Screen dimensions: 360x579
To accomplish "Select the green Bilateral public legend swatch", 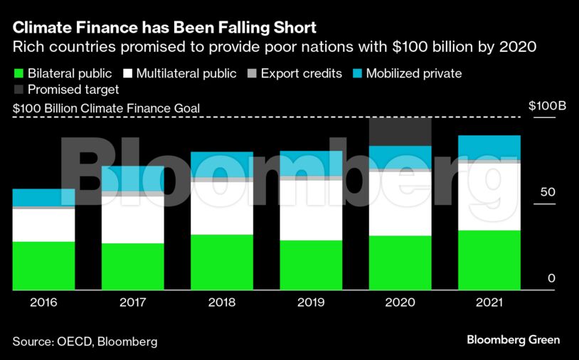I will tap(19, 73).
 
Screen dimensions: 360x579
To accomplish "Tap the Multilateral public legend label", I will tap(181, 73).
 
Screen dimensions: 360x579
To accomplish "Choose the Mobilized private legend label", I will tap(413, 73).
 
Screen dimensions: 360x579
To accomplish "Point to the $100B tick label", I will tap(547, 106).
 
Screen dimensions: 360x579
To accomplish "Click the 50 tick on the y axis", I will tap(546, 193).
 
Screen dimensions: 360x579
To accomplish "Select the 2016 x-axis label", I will tap(43, 302).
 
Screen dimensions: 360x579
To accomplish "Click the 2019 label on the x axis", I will tap(310, 302).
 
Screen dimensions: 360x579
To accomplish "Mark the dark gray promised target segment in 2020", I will tap(400, 132).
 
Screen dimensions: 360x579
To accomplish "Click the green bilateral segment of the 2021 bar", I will tap(489, 260).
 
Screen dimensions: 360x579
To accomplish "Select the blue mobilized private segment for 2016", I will tap(43, 198).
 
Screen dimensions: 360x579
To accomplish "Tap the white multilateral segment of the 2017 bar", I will tap(132, 220).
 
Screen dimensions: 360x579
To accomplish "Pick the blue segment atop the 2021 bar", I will tap(489, 147).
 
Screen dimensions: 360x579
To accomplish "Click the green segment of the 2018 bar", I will tap(221, 263).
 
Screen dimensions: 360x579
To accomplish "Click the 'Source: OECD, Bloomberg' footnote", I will tap(85, 342).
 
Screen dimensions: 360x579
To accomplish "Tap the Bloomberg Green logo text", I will tap(513, 340).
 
